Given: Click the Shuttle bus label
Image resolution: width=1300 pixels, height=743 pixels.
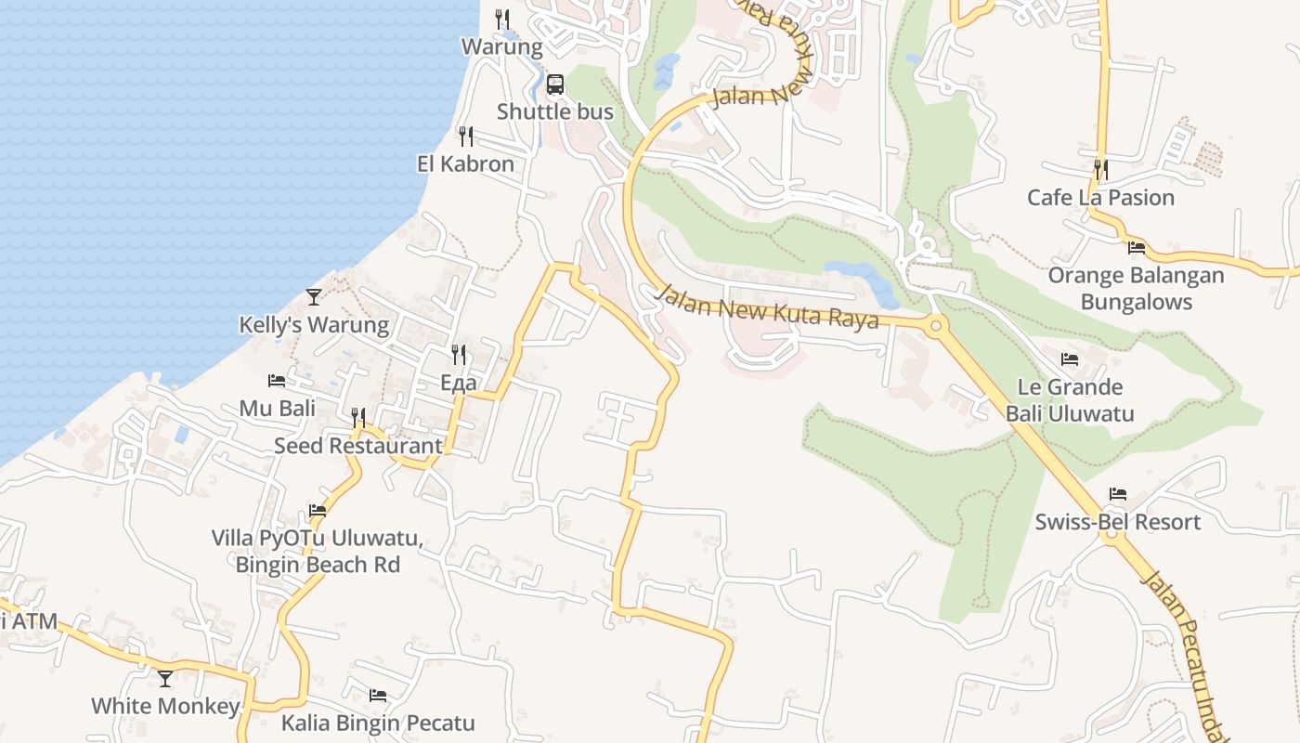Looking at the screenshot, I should pos(555,111).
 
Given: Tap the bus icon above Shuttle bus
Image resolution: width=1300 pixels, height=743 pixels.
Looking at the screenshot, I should pos(555,85).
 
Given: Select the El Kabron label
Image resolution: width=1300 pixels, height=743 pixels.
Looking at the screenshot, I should pos(465,163).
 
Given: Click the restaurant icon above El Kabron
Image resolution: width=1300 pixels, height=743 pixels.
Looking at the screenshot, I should pos(466,137).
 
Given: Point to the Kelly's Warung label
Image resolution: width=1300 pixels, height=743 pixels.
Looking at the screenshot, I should pos(314,325).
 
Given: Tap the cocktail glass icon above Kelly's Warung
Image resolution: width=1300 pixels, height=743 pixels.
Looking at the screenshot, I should pos(314,297).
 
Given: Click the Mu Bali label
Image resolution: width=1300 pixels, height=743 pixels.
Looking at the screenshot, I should pos(278,408).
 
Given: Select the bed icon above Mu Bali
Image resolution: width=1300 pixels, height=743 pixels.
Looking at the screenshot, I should pos(277,381).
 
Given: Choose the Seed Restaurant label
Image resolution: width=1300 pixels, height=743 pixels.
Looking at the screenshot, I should pos(358,446).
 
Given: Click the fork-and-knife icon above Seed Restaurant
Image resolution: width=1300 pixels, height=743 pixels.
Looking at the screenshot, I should pos(358,418).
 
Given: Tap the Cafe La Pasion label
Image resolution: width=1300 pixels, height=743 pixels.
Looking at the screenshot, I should pos(1100,197).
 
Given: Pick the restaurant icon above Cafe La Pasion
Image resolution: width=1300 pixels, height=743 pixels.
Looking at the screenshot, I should pos(1100,169).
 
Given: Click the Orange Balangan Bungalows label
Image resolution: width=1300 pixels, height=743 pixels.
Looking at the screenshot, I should pos(1137,288).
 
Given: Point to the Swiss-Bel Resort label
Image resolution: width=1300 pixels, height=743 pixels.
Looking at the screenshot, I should pos(1118,522).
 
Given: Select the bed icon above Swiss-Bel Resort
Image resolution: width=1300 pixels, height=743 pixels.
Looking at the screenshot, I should pos(1118,494).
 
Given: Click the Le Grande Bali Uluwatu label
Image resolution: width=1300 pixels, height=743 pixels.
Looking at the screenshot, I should pos(1070,400).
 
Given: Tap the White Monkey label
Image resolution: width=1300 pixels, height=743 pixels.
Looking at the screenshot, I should pos(165,706).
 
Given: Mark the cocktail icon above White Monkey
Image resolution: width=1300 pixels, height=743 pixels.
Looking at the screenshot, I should pos(165,679).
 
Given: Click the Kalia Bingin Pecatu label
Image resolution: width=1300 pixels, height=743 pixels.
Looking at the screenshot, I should pos(378,723).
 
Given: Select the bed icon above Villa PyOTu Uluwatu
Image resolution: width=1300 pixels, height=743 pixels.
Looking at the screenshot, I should pos(318,511).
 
